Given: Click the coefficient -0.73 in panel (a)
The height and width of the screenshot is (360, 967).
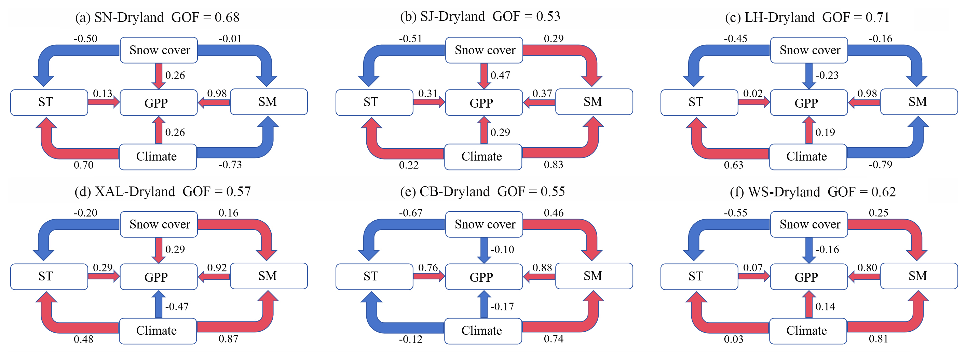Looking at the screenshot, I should pos(230,164).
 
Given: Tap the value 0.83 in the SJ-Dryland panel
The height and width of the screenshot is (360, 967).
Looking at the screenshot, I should pos(553,164).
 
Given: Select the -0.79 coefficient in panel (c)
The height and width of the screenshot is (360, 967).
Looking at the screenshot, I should pos(880,164).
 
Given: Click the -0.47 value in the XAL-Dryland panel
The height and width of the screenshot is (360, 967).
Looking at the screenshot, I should pos(177,307).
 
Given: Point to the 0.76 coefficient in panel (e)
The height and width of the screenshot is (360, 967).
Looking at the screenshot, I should pos(428,268).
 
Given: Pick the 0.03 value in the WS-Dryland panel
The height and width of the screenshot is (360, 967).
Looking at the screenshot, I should pos(734,339).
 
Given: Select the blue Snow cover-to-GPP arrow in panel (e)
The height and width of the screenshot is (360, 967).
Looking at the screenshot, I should pos(484,250).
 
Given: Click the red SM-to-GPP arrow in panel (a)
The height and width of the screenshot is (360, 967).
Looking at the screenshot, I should pos(214,102).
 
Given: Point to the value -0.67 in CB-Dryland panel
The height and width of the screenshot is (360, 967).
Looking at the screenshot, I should pos(410,213).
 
